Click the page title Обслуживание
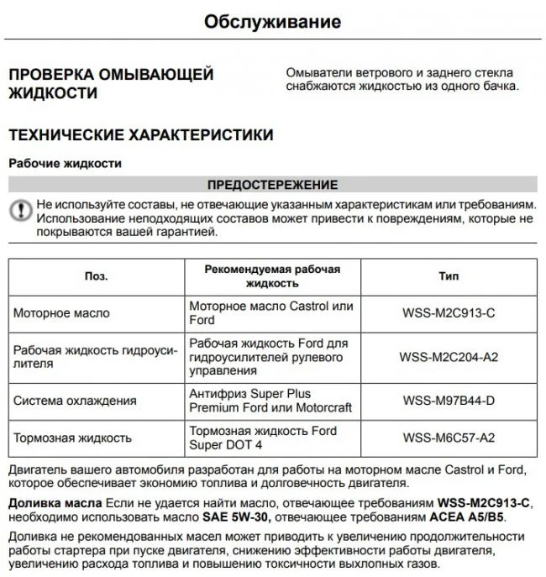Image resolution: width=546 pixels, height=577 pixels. coord(272,21)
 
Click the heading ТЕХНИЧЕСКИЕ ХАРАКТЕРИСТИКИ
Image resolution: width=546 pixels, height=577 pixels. coord(140,134)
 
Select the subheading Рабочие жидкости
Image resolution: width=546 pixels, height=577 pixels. coord(65,164)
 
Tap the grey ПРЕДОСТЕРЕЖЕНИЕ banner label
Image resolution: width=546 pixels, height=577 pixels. coord(272,185)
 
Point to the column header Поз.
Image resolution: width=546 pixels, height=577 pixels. coord(97,275)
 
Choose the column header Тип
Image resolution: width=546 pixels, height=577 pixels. coord(449,275)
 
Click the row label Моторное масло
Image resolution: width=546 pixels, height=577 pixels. coord(61,313)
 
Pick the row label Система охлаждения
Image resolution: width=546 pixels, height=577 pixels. coord(75,401)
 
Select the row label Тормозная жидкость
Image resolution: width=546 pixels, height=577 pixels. coord(72,438)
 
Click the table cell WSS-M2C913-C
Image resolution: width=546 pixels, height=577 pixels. coord(449,313)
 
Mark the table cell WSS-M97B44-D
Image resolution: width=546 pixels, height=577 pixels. coord(449,401)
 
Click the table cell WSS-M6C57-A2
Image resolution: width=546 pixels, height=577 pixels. coord(449,438)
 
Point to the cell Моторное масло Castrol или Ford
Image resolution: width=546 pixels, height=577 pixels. coord(270,313)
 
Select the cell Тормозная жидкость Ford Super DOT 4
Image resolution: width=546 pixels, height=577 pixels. coord(262,438)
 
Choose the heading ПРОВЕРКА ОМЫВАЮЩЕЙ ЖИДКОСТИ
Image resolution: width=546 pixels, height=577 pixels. coord(110,84)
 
